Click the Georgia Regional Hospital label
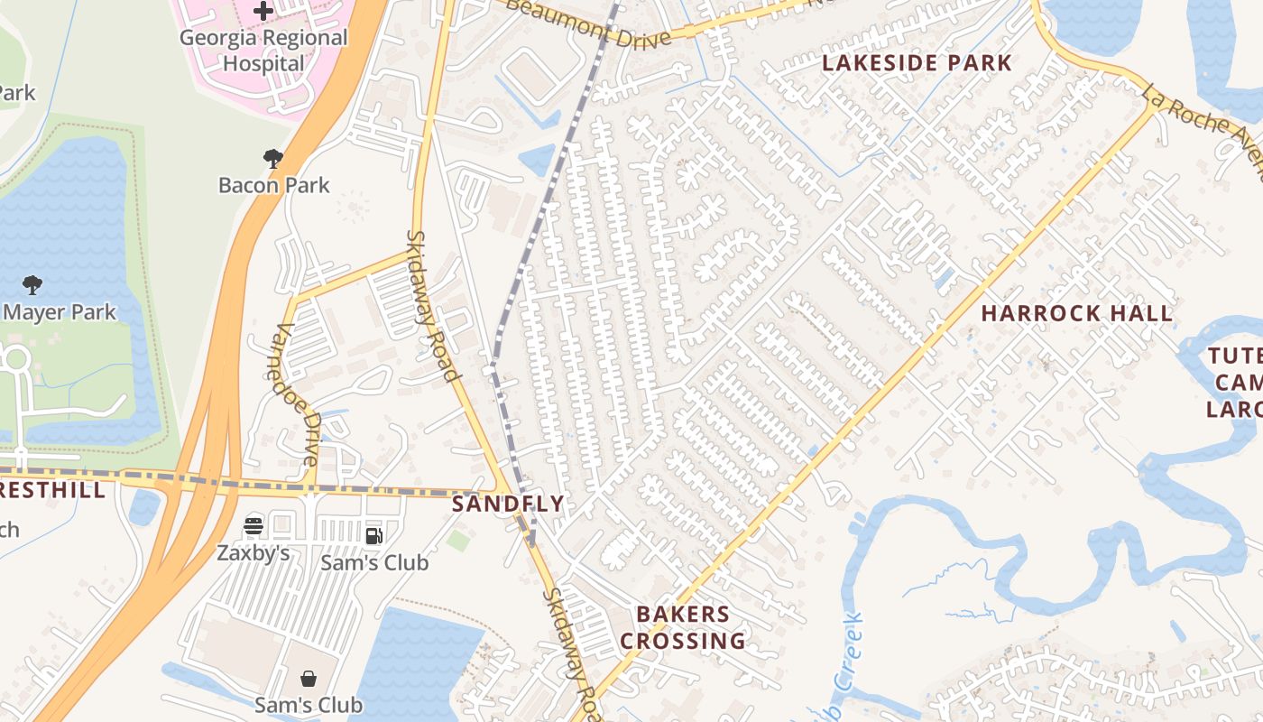pos(263,51)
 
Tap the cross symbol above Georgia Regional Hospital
pos(263,11)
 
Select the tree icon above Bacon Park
pos(273,159)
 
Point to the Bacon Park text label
pos(274,185)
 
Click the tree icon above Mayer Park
pos(32,285)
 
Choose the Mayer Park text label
pos(60,312)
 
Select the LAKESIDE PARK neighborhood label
pos(917,63)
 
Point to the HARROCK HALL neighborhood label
pos(1077,314)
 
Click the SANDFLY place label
pos(508,504)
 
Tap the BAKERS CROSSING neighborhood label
pos(683,627)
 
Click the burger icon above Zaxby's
pos(254,525)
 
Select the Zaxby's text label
pos(254,552)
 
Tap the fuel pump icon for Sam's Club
pos(373,536)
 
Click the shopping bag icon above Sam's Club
pos(309,678)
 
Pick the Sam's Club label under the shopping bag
pos(309,705)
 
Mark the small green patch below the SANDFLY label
pos(458,541)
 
